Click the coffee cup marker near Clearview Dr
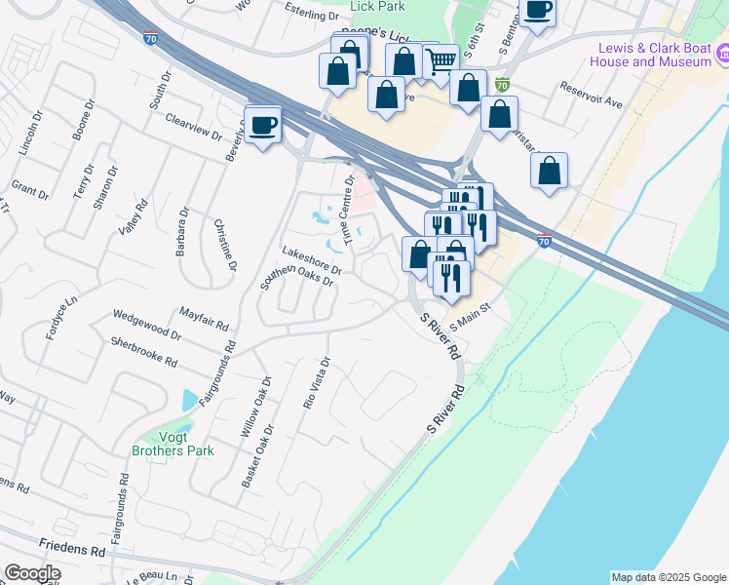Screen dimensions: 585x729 [x=263, y=125]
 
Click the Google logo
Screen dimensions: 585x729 [x=32, y=573]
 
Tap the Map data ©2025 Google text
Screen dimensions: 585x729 [x=669, y=577]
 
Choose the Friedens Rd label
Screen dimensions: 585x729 [x=72, y=550]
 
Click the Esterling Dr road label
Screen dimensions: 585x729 [x=312, y=17]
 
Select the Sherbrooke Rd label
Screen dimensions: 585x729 [x=143, y=352]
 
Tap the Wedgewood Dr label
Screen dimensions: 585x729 [x=147, y=325]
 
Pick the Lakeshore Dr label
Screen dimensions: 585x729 [x=311, y=259]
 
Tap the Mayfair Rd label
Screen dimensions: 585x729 [x=204, y=318]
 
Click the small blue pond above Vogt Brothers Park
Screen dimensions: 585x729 [x=188, y=400]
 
